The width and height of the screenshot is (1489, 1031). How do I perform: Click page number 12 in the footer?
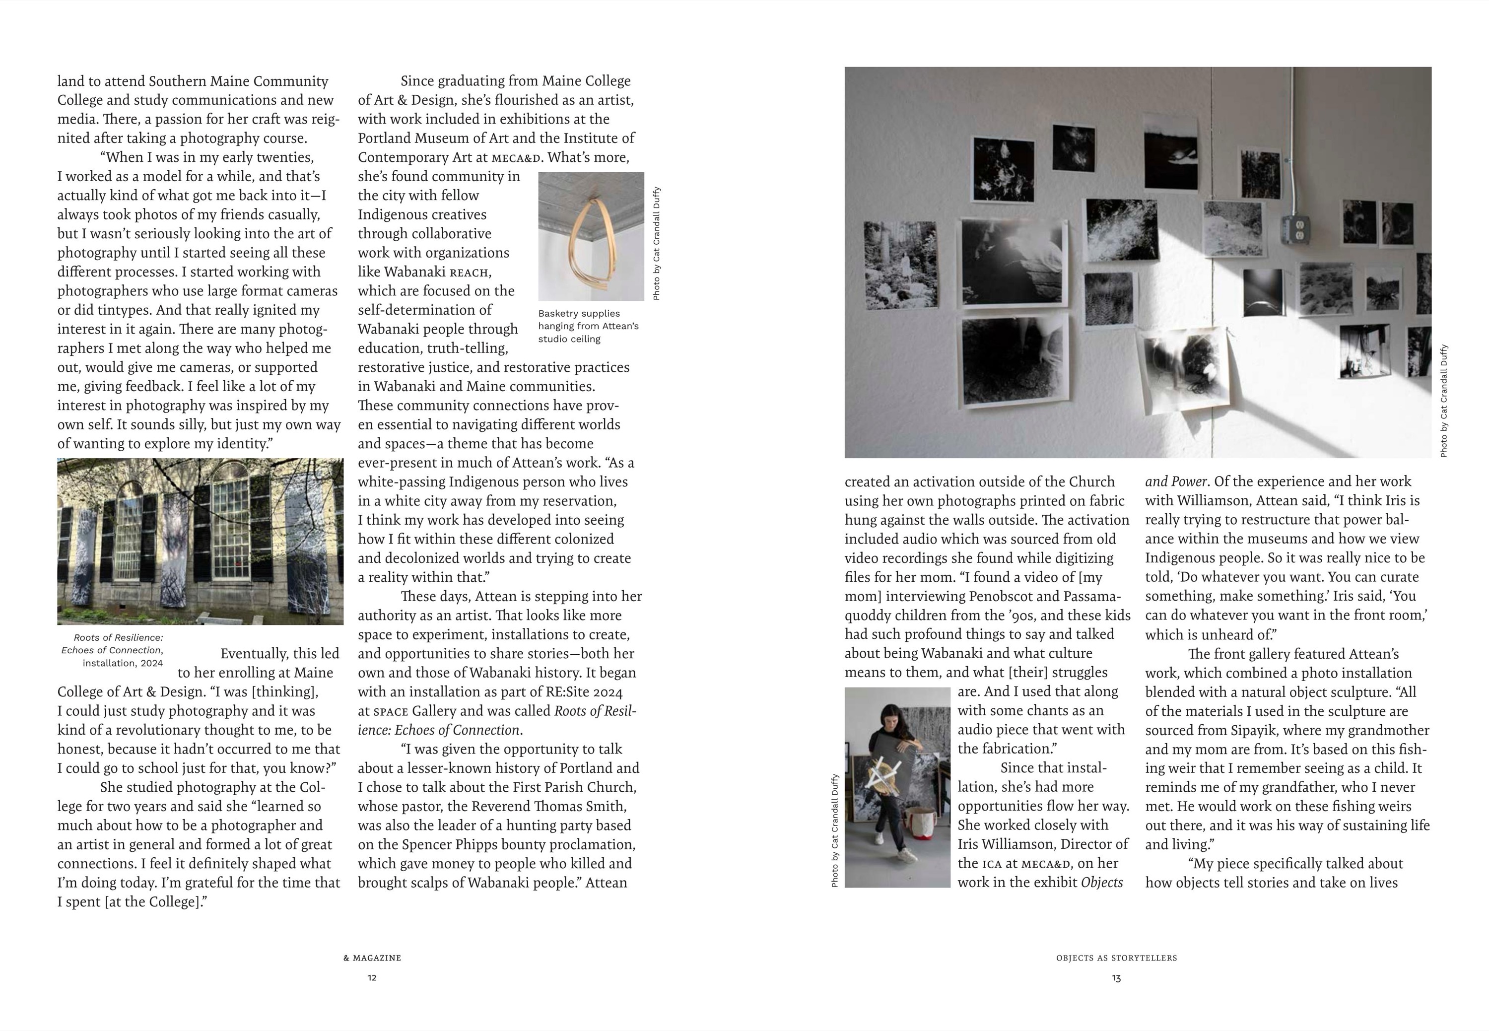click(x=372, y=977)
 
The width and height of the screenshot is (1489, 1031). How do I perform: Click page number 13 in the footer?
click(x=1116, y=978)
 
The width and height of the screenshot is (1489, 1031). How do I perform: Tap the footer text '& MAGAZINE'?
click(x=372, y=958)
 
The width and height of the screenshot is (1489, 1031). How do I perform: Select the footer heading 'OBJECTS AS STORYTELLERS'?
click(x=1116, y=958)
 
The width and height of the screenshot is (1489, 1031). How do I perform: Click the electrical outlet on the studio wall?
click(x=1294, y=229)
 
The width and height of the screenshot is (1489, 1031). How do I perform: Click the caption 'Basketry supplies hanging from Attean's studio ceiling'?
click(x=588, y=326)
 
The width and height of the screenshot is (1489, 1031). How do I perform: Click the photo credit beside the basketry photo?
click(x=656, y=244)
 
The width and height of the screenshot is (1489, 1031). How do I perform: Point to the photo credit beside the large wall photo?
click(x=1444, y=401)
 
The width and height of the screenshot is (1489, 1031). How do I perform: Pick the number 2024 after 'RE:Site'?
click(x=608, y=692)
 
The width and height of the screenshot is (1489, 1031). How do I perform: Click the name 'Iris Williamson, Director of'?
click(x=1043, y=844)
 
